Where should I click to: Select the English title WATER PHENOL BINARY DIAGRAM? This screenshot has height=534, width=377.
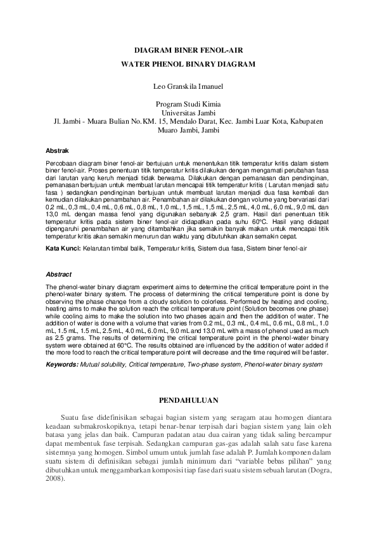coord(188,64)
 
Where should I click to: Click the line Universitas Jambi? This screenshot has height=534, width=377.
coord(188,112)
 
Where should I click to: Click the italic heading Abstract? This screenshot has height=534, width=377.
coord(58,274)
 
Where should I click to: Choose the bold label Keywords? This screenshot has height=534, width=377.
coord(62,365)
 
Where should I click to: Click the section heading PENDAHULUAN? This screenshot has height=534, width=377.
coord(188,400)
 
